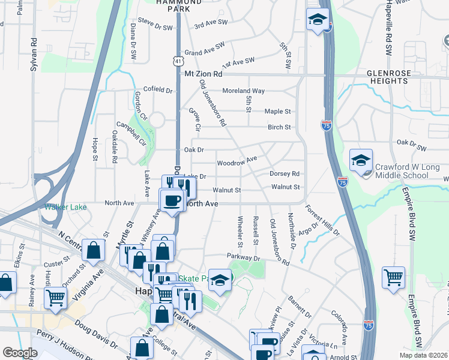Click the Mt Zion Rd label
(203, 74)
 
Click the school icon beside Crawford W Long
(361, 160)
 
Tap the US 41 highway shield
(178, 61)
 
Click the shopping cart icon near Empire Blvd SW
(393, 277)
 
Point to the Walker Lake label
(65, 207)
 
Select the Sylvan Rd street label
(34, 55)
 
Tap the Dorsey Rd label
(284, 173)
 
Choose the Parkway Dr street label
(245, 257)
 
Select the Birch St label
(279, 127)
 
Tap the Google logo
(20, 353)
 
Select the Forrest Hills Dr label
(322, 221)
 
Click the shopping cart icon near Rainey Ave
(55, 296)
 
